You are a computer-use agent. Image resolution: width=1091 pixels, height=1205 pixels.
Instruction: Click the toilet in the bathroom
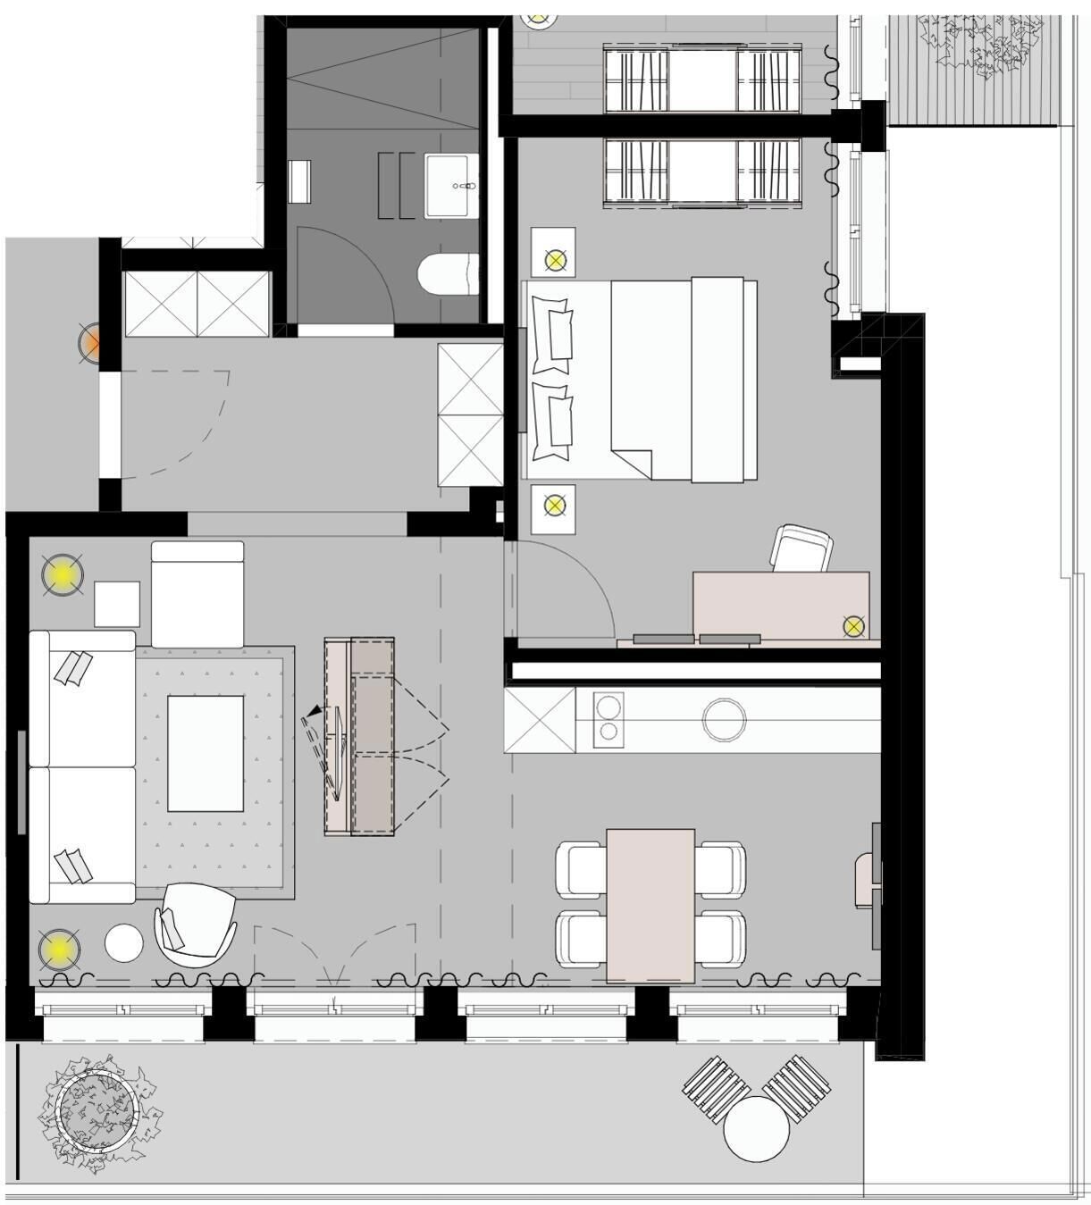click(449, 273)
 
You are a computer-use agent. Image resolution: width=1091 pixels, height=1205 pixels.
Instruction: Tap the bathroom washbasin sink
click(451, 185)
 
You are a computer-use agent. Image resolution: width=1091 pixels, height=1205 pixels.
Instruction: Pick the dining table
click(650, 904)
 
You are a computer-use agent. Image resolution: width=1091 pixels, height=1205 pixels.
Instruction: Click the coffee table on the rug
click(206, 753)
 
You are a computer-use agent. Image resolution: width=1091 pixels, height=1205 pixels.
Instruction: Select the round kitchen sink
click(724, 719)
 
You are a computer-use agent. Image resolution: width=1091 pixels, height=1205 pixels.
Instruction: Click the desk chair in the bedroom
click(801, 548)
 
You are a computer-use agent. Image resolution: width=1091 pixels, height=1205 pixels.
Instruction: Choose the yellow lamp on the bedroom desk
click(853, 626)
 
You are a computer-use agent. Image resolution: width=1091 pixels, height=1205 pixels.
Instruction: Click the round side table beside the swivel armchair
click(123, 942)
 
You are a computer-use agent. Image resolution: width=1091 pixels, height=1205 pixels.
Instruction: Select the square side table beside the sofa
click(117, 603)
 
